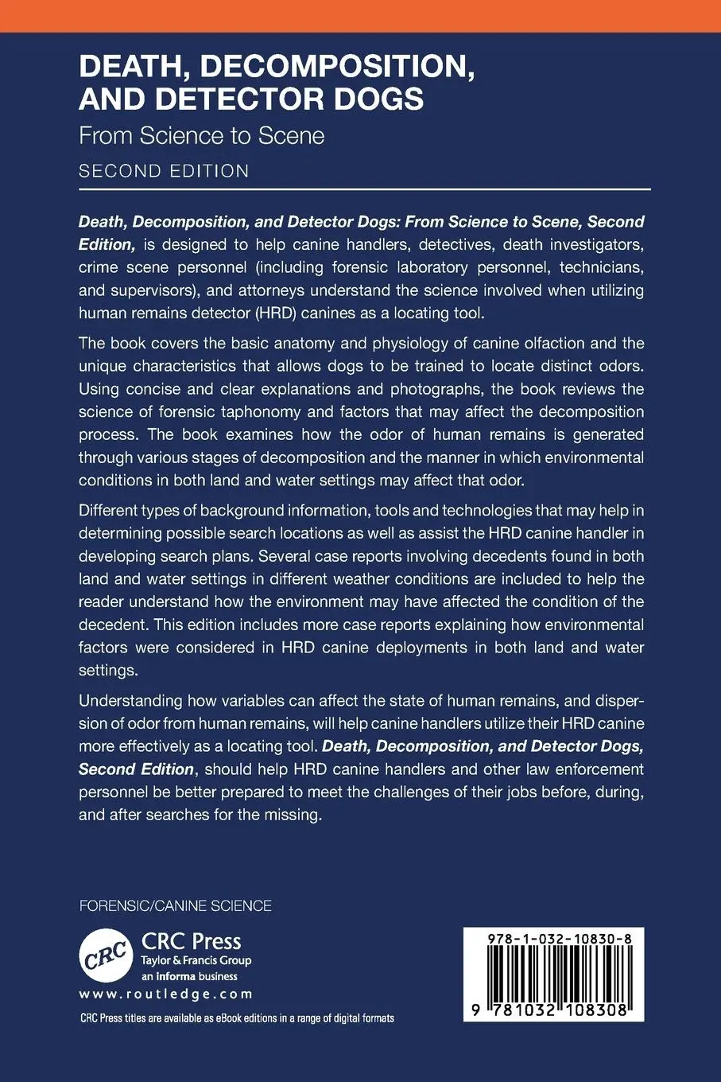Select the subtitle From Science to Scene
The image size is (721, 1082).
[x=201, y=135]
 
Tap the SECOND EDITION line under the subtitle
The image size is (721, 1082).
[x=164, y=171]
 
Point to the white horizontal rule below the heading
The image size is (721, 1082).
[x=364, y=189]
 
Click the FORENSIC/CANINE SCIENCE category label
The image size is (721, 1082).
[x=175, y=906]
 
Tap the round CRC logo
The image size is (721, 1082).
[x=106, y=954]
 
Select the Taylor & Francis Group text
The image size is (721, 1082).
[x=196, y=960]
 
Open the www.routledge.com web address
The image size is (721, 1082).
[x=166, y=994]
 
